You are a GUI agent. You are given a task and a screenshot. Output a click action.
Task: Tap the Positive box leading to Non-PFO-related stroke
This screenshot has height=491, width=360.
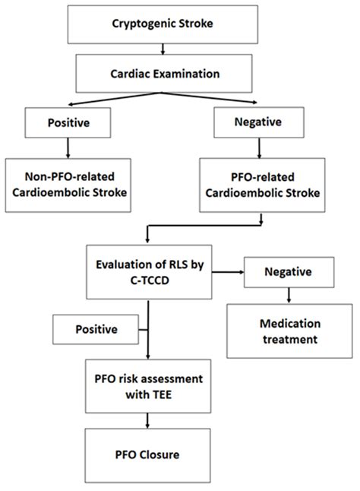(69, 121)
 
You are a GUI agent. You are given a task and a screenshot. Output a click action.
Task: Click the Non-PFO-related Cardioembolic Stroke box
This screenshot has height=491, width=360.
(69, 182)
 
